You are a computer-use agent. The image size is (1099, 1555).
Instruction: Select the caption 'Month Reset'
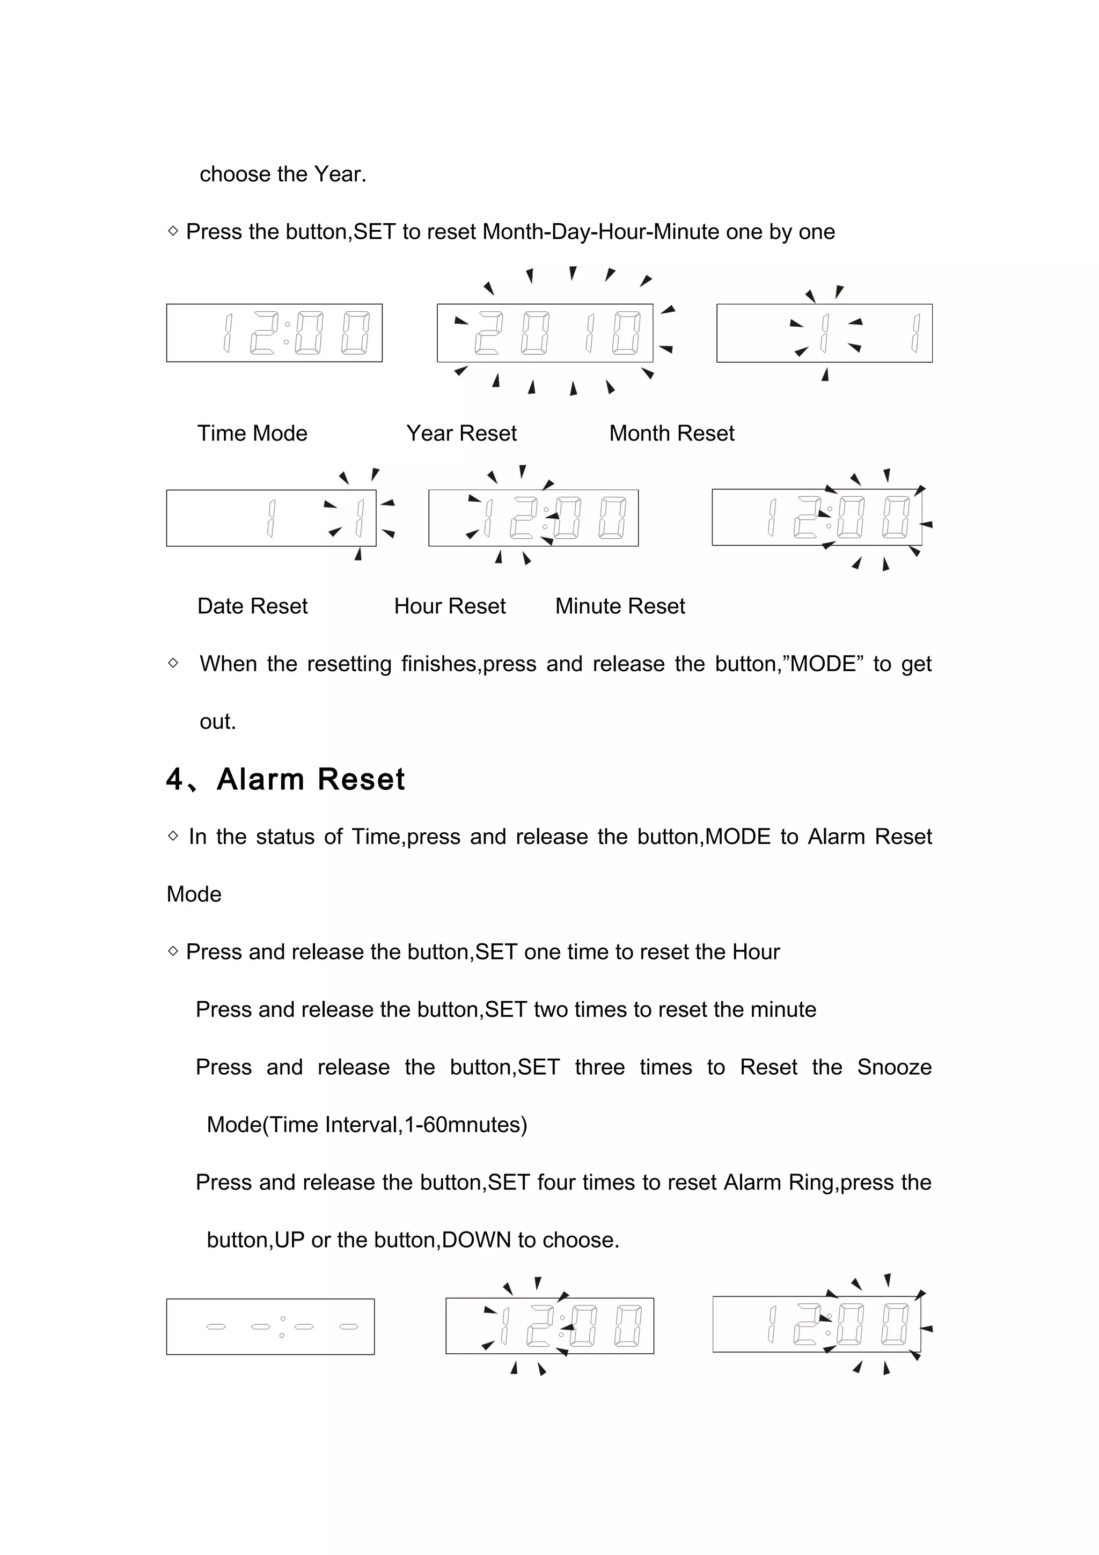pos(671,433)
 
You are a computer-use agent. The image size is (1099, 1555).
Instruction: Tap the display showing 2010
pos(545,333)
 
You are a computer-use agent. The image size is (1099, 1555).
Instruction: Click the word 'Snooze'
pos(894,1067)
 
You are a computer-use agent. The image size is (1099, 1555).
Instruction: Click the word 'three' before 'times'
pos(599,1067)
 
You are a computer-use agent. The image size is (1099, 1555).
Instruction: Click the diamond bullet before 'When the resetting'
pos(173,663)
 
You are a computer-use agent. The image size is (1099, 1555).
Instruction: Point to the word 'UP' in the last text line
pos(289,1239)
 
